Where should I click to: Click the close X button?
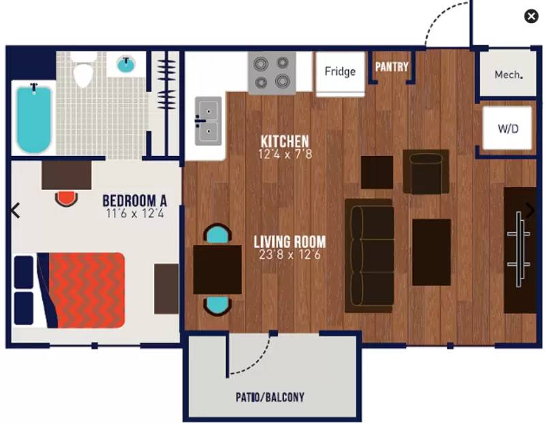pyautogui.click(x=531, y=16)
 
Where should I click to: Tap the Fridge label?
pyautogui.click(x=340, y=72)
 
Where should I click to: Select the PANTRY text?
pyautogui.click(x=392, y=66)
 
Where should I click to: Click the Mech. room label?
pyautogui.click(x=508, y=74)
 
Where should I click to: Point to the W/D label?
pyautogui.click(x=508, y=129)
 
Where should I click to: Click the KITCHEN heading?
pyautogui.click(x=285, y=141)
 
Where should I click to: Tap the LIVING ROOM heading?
pyautogui.click(x=290, y=242)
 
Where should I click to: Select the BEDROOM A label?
pyautogui.click(x=134, y=200)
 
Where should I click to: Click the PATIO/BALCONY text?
pyautogui.click(x=270, y=397)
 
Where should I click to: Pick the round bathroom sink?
pyautogui.click(x=126, y=64)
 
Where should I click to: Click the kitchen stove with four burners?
pyautogui.click(x=272, y=73)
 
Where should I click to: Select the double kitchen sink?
pyautogui.click(x=208, y=121)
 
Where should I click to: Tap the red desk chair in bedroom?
pyautogui.click(x=66, y=198)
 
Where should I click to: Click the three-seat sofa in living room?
pyautogui.click(x=369, y=255)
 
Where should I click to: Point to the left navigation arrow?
pyautogui.click(x=15, y=210)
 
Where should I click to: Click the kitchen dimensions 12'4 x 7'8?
pyautogui.click(x=285, y=154)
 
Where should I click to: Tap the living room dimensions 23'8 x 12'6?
pyautogui.click(x=290, y=255)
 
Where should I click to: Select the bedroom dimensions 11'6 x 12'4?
pyautogui.click(x=135, y=213)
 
